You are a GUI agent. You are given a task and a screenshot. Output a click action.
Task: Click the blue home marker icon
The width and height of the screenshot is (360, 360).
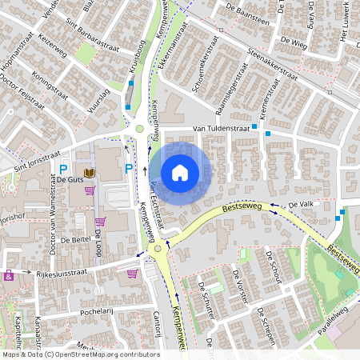pos(180,172)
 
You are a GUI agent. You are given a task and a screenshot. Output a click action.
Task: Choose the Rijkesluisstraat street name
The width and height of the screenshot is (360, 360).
pos(61,274)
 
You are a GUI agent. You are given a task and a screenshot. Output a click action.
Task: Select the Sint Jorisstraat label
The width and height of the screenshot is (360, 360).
pos(30,162)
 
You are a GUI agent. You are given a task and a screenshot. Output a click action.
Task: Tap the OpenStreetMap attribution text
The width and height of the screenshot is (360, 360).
pos(80,354)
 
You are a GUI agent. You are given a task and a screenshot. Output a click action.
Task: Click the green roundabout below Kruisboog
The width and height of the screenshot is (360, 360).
pos(140,128)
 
